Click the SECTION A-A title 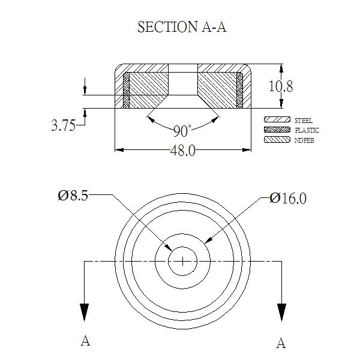182,27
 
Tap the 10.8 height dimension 281,86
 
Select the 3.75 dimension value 64,125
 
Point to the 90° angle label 182,131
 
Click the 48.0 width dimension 183,151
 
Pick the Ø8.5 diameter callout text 73,196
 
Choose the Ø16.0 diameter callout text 288,198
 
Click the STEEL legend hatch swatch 277,119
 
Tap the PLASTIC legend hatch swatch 277,130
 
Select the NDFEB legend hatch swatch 277,139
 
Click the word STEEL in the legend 304,121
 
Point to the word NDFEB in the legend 304,140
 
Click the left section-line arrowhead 84,312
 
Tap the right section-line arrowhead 281,312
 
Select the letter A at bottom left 85,341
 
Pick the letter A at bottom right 281,343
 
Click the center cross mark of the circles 183,261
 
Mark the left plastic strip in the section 126,90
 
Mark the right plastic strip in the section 239,90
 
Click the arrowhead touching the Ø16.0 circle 208,240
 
